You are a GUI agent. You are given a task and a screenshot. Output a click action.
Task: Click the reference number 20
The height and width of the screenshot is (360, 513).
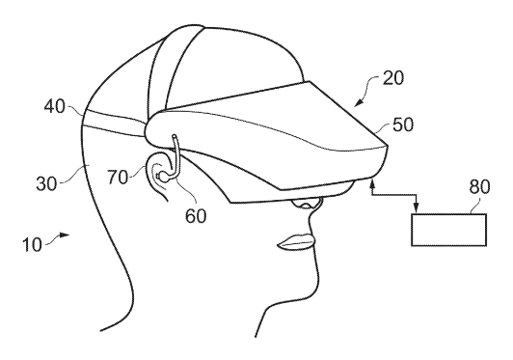(x=393, y=78)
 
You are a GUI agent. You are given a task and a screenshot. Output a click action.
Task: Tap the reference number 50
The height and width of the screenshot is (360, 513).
(x=403, y=125)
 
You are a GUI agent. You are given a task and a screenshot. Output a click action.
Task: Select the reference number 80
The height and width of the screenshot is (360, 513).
(x=479, y=187)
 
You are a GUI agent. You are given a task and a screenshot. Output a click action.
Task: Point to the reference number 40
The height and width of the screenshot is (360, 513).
(x=55, y=106)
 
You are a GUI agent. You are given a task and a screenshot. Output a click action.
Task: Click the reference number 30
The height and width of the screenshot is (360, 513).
(x=46, y=183)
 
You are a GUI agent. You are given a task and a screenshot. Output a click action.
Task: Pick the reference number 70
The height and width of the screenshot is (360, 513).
(x=118, y=178)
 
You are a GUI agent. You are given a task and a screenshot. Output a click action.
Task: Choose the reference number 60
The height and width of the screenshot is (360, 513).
(x=196, y=216)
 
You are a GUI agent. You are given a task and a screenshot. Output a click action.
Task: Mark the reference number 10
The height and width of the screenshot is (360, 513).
(x=32, y=245)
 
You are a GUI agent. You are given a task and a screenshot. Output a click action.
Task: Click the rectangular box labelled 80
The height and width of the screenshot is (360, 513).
(x=449, y=230)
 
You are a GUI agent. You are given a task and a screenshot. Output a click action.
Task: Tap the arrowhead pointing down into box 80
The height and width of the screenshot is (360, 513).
(x=416, y=208)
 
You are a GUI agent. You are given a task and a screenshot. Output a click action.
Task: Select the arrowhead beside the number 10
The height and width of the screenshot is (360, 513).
(x=65, y=235)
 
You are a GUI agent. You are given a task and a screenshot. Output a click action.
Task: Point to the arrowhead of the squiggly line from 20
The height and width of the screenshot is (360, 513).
(x=359, y=103)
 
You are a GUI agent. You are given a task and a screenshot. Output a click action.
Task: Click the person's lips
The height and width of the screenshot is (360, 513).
(x=296, y=242)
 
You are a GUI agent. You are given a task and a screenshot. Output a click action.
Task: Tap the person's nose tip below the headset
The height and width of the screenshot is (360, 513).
(x=306, y=204)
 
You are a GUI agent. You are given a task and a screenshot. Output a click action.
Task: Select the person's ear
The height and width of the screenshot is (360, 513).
(x=157, y=175)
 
